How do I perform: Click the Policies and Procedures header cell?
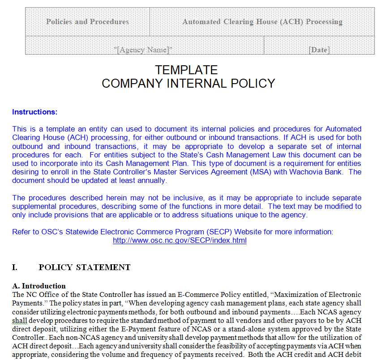pos(87,21)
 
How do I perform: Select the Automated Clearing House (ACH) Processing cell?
pos(262,21)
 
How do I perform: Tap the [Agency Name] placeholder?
pos(143,50)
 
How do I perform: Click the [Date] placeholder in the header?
pos(319,50)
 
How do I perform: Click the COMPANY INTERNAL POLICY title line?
pos(188,83)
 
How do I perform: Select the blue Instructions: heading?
pos(35,112)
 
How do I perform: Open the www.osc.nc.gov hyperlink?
pos(180,240)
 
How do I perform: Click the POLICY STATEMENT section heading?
pos(85,267)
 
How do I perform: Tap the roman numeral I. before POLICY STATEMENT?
pos(15,267)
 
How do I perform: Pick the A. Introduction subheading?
pos(39,286)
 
